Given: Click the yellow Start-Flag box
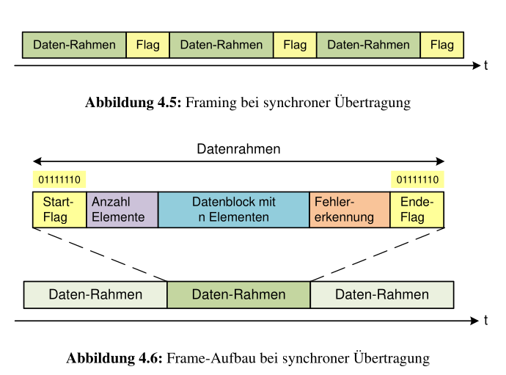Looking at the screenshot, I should (x=59, y=210).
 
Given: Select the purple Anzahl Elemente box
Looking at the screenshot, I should (x=122, y=210).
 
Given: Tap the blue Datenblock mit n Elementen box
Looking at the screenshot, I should (x=233, y=210).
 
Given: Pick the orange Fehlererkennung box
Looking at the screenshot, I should (x=349, y=210).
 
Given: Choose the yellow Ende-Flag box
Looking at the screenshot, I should (x=417, y=210).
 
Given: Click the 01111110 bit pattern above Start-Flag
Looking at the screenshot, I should (x=59, y=180).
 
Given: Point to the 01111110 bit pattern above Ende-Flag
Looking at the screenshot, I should (x=417, y=180).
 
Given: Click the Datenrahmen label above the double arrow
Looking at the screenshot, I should (x=238, y=149).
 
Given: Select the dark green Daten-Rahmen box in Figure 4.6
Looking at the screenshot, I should (x=238, y=295).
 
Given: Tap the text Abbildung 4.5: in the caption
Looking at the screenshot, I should (x=133, y=103).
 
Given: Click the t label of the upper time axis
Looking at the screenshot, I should (x=485, y=66).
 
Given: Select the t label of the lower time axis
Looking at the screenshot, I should (x=485, y=321).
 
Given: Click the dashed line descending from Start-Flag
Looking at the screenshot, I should (x=100, y=254).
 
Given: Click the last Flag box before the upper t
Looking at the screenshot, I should (x=441, y=45).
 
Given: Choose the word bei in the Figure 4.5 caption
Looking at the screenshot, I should (x=249, y=103).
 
